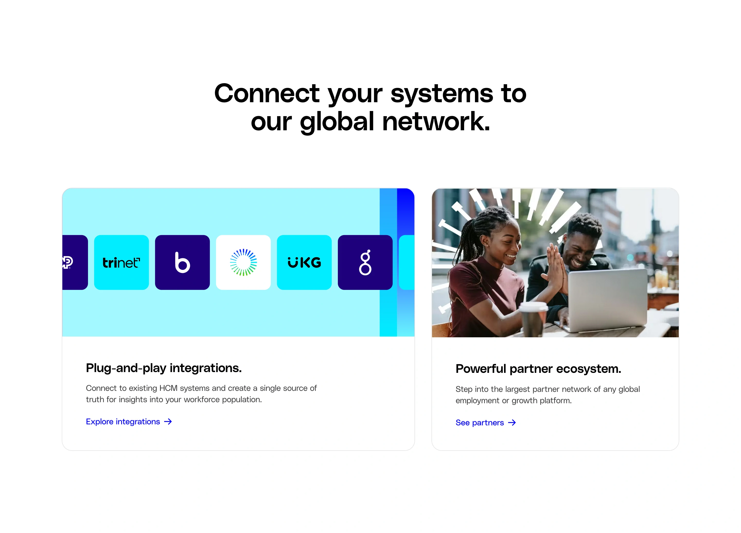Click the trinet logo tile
click(x=121, y=262)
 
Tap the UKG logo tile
click(x=304, y=262)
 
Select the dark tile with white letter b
click(x=182, y=262)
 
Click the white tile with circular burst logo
click(x=243, y=262)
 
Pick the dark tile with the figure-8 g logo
click(x=365, y=262)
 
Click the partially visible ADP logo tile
click(x=75, y=262)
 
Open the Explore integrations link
click(x=123, y=422)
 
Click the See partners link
click(x=479, y=423)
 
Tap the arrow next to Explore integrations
click(x=168, y=422)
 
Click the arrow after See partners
click(x=512, y=423)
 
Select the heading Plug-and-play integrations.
click(x=164, y=368)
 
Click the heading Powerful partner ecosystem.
click(x=538, y=368)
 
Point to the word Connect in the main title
click(x=267, y=93)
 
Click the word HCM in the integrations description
click(x=168, y=388)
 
